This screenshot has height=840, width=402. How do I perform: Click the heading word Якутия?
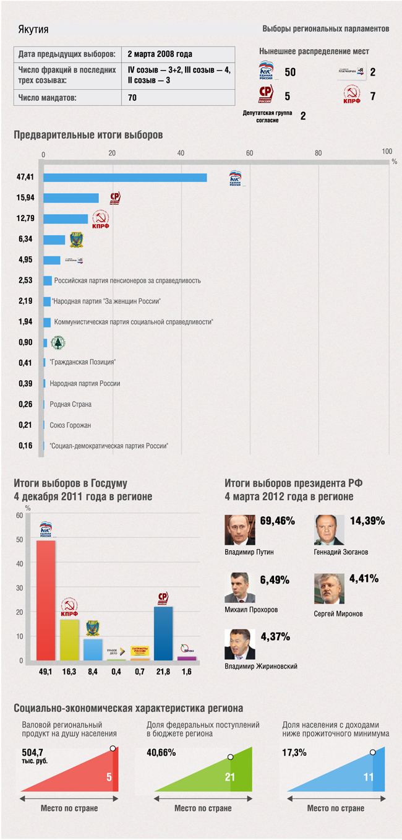point(33,30)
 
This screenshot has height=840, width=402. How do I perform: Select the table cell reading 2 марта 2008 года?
point(160,54)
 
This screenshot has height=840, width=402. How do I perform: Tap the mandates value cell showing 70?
point(132,98)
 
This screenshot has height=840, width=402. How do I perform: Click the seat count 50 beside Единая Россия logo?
point(289,72)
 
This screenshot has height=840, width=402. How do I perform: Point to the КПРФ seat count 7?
point(372,97)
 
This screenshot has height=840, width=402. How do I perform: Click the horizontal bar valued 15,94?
point(71,198)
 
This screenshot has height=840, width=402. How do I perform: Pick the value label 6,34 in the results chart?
point(25,240)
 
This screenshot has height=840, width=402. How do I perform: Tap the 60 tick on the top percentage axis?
point(249,154)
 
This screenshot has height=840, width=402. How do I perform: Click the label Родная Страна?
point(71,404)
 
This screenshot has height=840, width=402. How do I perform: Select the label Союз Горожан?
point(71,425)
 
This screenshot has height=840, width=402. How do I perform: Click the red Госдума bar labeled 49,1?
point(46,600)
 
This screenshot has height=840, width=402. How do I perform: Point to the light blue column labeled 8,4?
point(93,649)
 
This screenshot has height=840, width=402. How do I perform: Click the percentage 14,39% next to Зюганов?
point(367,521)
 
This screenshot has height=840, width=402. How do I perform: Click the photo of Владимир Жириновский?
point(239,644)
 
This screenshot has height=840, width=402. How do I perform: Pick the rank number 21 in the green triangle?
point(230,777)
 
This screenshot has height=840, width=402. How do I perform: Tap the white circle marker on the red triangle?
point(113,748)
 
